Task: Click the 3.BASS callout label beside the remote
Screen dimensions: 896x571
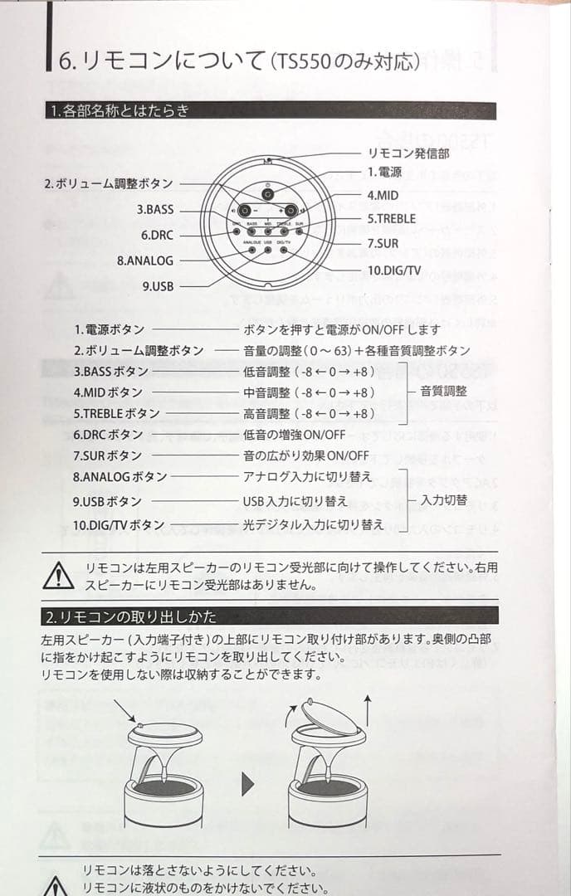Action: (x=155, y=210)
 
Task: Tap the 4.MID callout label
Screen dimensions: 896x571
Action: (x=383, y=195)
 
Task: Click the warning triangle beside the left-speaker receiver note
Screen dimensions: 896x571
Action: (x=58, y=574)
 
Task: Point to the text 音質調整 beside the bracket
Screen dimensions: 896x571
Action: (x=444, y=392)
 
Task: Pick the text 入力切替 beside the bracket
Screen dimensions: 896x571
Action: (x=444, y=500)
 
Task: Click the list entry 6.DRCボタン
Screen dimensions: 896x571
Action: (x=108, y=435)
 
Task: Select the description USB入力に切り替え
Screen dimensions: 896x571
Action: (x=295, y=501)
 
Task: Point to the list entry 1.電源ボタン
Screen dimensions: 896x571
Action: (x=109, y=329)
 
